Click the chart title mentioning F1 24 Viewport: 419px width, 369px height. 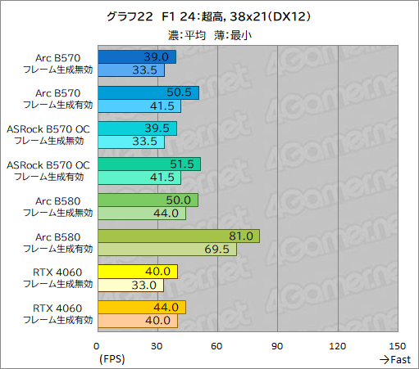click(x=209, y=16)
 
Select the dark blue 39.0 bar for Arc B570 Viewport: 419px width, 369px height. click(x=137, y=56)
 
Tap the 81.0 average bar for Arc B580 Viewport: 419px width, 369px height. click(x=179, y=236)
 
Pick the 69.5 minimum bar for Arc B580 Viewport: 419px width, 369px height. click(x=167, y=250)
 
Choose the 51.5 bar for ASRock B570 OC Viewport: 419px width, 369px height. click(x=149, y=164)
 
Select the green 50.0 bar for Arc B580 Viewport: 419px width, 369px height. click(x=148, y=200)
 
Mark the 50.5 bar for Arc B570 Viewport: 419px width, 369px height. click(x=148, y=92)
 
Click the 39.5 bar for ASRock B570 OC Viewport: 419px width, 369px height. click(x=138, y=128)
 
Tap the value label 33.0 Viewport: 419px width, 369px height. click(x=149, y=286)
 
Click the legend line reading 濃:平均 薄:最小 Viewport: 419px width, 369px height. click(x=209, y=34)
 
